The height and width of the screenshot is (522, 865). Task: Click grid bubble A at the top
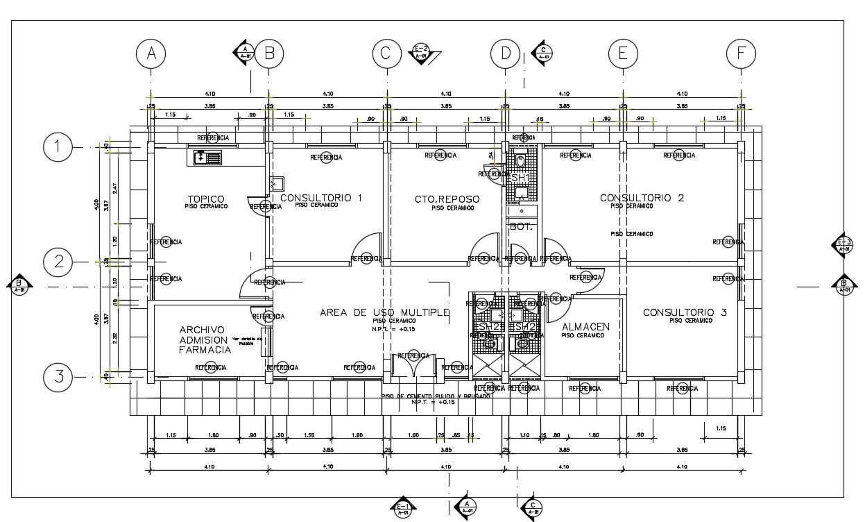(151, 53)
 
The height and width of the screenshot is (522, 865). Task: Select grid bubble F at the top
(741, 53)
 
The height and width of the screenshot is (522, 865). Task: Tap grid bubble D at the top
(505, 53)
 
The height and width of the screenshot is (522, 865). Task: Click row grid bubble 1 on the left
(58, 146)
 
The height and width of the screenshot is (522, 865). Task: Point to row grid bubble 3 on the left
(58, 377)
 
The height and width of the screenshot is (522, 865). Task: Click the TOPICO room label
(206, 199)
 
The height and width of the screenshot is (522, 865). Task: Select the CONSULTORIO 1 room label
(320, 198)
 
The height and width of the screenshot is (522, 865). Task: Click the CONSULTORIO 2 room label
(642, 198)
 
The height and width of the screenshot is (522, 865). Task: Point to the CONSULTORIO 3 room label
(684, 312)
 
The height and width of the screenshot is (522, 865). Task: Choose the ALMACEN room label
(585, 326)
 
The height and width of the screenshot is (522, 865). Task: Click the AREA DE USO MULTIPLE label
(384, 312)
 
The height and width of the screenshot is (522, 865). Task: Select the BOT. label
(520, 226)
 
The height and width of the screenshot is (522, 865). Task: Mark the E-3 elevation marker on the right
(844, 244)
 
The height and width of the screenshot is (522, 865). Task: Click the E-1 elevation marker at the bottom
(403, 508)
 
